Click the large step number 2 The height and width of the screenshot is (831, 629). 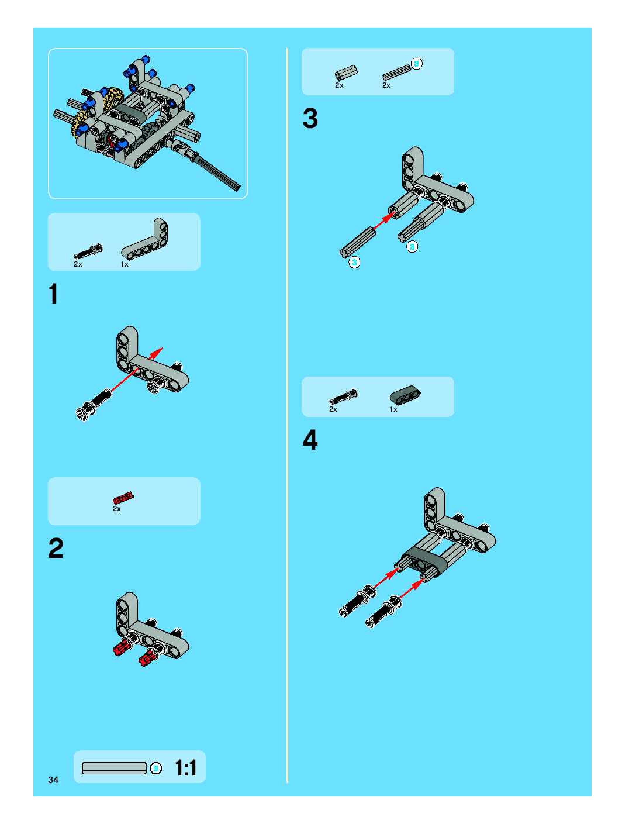pyautogui.click(x=56, y=549)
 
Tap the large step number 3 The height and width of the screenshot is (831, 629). pyautogui.click(x=310, y=118)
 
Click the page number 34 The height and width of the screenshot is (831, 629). pyautogui.click(x=53, y=780)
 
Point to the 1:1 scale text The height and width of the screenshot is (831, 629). pyautogui.click(x=186, y=768)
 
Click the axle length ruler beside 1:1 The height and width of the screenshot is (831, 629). pyautogui.click(x=114, y=768)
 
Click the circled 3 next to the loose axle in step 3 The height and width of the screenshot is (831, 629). pyautogui.click(x=354, y=262)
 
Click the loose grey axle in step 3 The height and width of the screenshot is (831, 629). pyautogui.click(x=357, y=242)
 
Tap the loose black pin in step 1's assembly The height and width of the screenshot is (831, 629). pyautogui.click(x=94, y=405)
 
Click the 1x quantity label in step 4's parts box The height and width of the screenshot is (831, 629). pyautogui.click(x=393, y=409)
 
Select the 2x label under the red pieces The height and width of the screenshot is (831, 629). pyautogui.click(x=117, y=509)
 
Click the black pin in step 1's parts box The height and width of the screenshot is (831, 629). pyautogui.click(x=88, y=251)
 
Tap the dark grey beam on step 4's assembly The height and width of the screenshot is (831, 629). pyautogui.click(x=425, y=561)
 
